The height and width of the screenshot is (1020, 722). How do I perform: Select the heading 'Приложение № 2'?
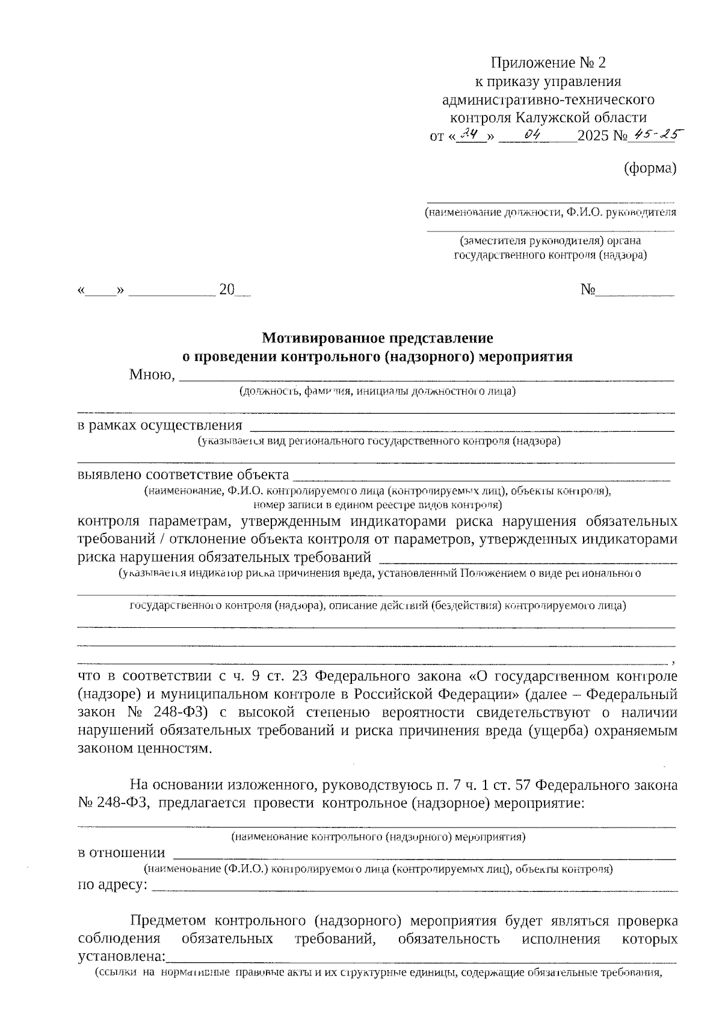coord(548,63)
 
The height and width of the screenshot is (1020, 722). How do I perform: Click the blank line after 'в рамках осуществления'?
coord(461,427)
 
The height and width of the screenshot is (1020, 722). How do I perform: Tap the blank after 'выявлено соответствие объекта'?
coord(481,477)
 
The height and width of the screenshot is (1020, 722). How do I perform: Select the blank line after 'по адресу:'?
coord(415,888)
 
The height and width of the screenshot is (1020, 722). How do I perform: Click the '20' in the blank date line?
coord(227,290)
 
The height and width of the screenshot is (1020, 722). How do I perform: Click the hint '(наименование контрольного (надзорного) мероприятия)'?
coord(378,837)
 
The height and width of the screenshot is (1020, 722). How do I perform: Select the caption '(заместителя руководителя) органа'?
coord(550,241)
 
